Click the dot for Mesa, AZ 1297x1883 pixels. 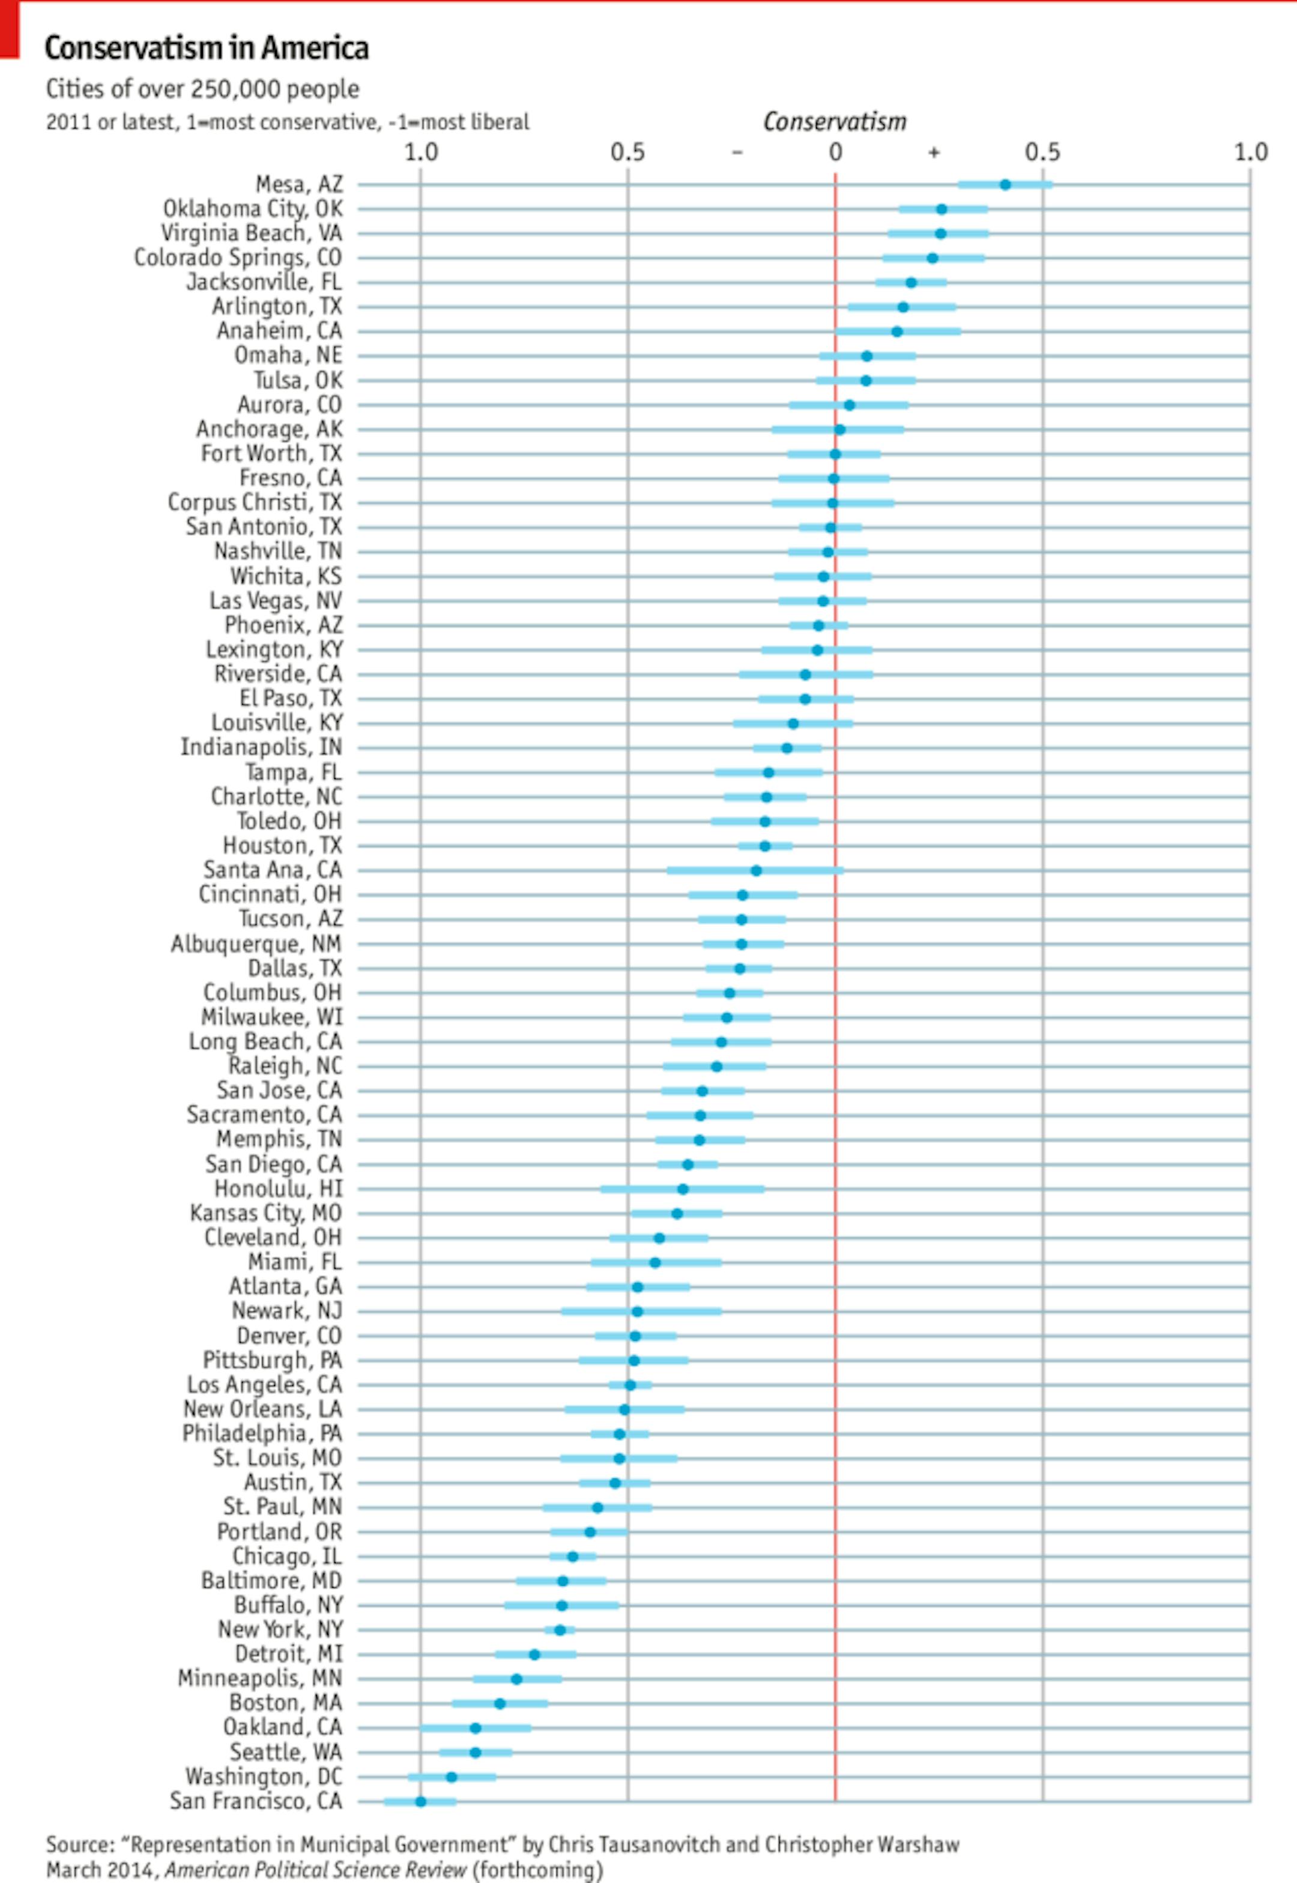click(1005, 184)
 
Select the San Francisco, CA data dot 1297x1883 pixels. click(420, 1801)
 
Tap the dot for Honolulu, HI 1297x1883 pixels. click(683, 1189)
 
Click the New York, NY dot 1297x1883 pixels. click(560, 1630)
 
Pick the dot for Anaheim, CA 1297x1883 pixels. click(896, 331)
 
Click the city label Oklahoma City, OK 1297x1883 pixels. click(253, 209)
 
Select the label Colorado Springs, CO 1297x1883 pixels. click(238, 258)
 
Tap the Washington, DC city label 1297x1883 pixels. click(264, 1777)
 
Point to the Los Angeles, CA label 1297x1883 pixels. click(264, 1384)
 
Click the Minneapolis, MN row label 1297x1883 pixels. click(260, 1678)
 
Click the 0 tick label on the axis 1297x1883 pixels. click(835, 152)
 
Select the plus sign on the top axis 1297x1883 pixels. click(934, 152)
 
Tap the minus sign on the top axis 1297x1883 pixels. click(737, 152)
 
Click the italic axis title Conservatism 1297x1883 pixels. click(835, 122)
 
